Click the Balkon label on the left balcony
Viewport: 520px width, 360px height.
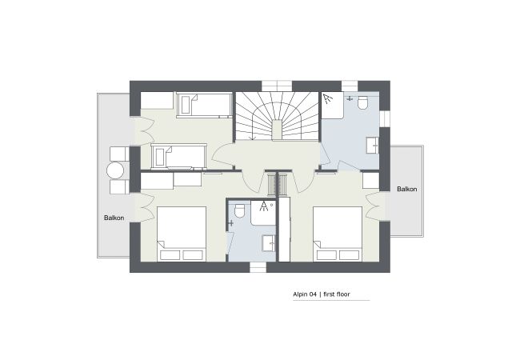coord(114,218)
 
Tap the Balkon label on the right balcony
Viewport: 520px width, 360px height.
coord(407,189)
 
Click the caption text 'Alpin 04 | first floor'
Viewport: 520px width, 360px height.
coord(322,294)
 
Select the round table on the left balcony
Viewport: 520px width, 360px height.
coord(115,171)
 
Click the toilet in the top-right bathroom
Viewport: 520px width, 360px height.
coord(363,102)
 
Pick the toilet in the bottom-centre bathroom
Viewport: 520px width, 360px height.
coord(239,211)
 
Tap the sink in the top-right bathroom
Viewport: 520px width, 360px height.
coord(373,145)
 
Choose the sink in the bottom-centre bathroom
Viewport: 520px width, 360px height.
coord(269,243)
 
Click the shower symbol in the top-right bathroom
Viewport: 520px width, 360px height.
coord(328,98)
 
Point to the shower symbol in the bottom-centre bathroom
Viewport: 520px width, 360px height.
coord(264,206)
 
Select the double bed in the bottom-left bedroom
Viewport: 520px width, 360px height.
coord(182,234)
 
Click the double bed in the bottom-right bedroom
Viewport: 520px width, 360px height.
coord(338,234)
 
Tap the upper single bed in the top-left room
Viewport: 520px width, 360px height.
coord(204,105)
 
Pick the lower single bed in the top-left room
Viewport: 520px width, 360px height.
coord(179,156)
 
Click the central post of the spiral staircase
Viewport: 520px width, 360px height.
coord(277,130)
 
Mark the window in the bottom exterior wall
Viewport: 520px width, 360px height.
coord(258,267)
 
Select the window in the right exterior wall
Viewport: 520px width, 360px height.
coord(385,118)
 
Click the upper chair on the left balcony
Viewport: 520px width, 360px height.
coord(118,154)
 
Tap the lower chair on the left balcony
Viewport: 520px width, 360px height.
coord(118,187)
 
